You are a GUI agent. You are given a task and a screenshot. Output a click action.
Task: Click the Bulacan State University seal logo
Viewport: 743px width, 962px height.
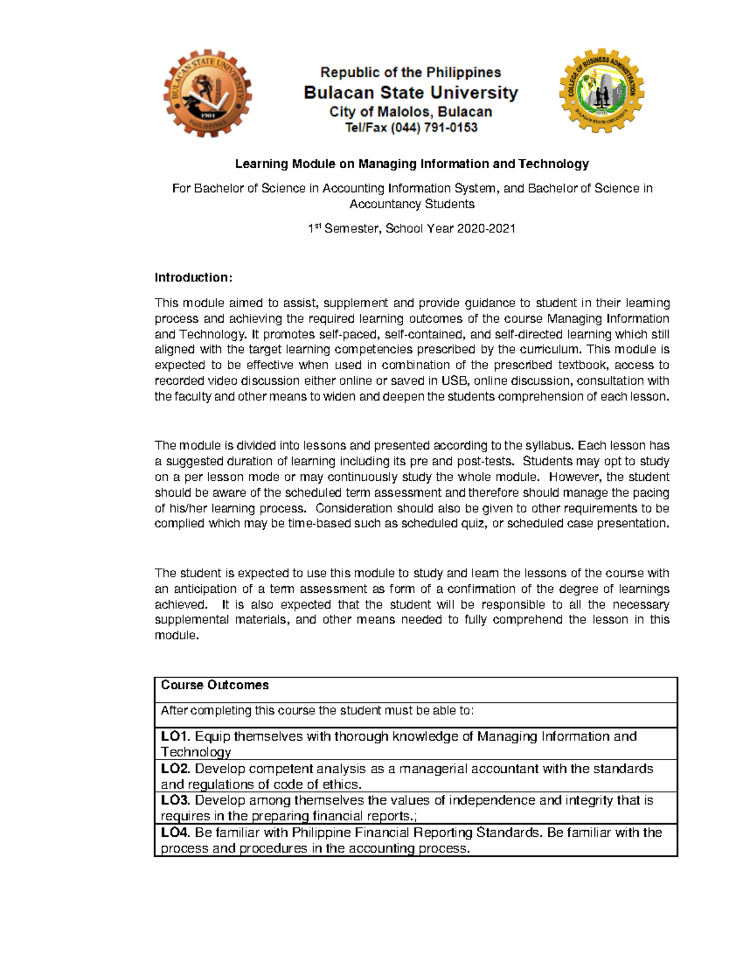207,94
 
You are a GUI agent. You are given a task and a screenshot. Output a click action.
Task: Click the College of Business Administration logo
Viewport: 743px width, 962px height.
601,91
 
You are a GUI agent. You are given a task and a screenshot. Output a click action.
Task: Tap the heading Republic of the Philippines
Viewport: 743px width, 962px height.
411,72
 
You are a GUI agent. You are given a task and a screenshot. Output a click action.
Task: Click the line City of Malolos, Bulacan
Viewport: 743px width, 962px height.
411,112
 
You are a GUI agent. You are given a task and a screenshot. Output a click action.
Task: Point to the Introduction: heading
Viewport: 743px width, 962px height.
193,278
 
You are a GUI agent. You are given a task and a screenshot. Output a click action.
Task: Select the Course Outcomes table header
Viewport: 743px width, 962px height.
215,685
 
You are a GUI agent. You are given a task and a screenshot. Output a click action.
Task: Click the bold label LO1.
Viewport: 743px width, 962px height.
175,737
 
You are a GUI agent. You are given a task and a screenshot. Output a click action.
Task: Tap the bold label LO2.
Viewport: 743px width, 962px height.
175,769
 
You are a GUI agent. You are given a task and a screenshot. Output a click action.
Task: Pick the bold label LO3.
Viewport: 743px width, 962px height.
175,800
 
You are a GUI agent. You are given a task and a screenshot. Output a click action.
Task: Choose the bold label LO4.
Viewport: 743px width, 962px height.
175,833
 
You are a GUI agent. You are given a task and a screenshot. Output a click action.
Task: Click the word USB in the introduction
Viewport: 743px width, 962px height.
454,381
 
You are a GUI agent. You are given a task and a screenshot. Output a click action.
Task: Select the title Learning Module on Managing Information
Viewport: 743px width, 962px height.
411,164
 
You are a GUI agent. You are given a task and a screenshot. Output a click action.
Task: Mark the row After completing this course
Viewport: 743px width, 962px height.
317,711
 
